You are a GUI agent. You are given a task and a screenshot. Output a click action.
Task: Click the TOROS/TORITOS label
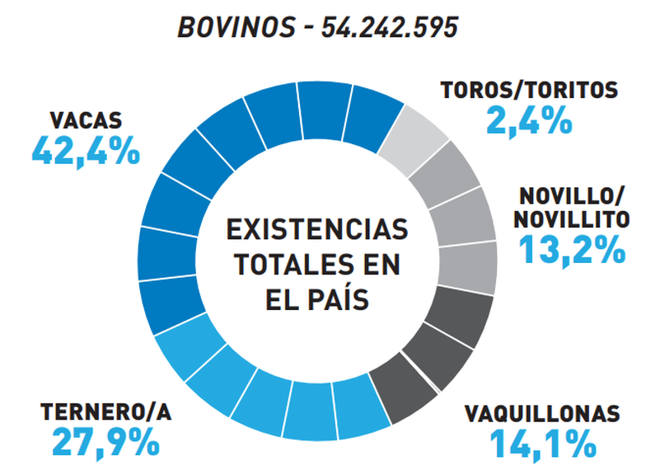(528, 89)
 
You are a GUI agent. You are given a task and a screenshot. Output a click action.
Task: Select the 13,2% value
(572, 248)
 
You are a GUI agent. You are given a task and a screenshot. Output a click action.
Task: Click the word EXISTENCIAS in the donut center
(317, 228)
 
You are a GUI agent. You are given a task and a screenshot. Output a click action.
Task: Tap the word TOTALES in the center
(293, 264)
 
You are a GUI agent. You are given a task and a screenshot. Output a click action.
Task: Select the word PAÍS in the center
(340, 299)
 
